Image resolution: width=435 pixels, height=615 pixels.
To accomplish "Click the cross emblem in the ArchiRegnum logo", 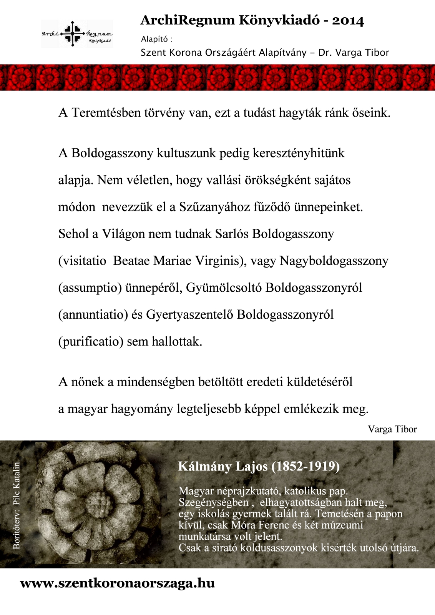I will point(73,33).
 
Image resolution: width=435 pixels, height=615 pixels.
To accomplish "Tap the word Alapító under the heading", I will point(154,39).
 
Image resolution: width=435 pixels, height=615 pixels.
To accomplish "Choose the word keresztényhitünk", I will point(299,153).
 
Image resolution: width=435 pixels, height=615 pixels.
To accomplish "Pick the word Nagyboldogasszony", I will point(334,261).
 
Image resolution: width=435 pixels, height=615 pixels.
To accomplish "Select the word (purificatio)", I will point(91,341).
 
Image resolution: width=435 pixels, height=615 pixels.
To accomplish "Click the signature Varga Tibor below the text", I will point(392,429).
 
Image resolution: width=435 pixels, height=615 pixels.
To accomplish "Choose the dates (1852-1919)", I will point(305,466).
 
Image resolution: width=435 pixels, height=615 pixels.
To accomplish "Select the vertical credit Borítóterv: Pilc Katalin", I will point(17,505).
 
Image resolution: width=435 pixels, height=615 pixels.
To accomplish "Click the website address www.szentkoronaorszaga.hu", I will point(117,583).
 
